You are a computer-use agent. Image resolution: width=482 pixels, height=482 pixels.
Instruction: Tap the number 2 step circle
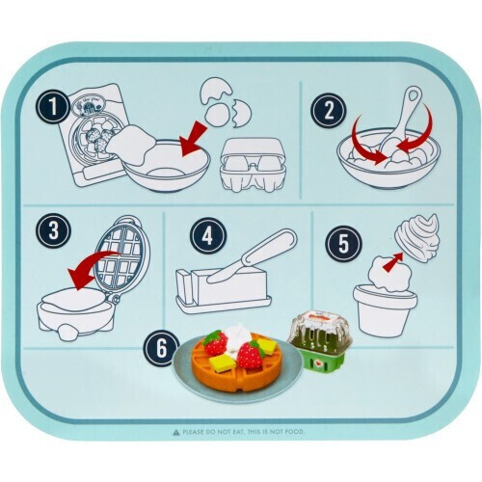click(x=324, y=108)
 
